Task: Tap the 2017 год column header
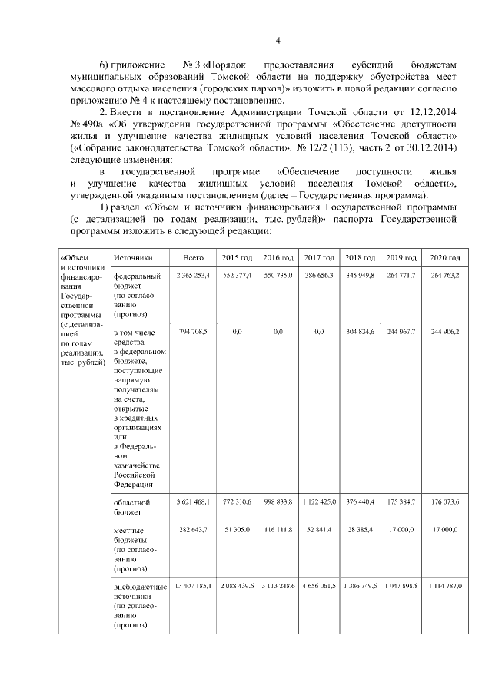pos(318,258)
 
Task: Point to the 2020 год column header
pos(445,258)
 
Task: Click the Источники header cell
pos(131,258)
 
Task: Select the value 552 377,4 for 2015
pos(236,275)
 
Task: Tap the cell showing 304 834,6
pos(360,332)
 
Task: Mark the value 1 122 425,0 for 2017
pos(318,502)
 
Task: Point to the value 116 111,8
pos(278,531)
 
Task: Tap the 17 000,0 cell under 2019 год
pos(401,531)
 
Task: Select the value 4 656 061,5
pos(318,587)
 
